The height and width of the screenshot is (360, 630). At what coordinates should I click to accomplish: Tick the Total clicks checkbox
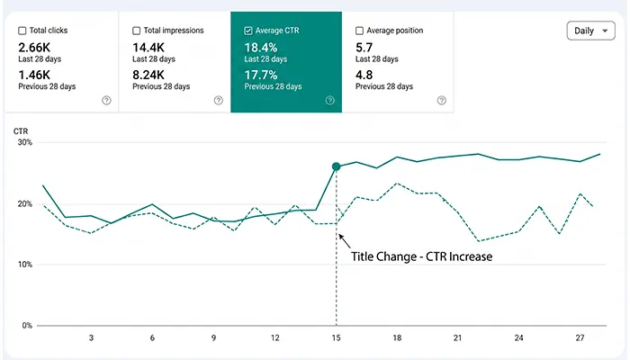click(x=22, y=31)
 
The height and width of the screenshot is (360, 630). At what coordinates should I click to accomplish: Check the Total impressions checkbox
click(x=137, y=31)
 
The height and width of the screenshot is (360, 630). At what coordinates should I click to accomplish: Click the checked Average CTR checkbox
click(x=248, y=31)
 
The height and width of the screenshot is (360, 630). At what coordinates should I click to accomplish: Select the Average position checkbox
click(x=360, y=31)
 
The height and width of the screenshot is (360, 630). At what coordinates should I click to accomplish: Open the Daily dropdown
click(x=590, y=31)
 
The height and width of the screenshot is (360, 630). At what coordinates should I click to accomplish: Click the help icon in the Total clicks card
click(x=106, y=101)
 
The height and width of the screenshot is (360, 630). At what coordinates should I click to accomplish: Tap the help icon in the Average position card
click(x=442, y=101)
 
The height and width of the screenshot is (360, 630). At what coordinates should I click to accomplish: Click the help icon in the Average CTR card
click(x=330, y=101)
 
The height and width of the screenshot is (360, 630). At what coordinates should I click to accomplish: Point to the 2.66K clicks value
click(x=34, y=48)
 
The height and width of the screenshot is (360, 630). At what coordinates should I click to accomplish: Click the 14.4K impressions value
click(x=148, y=48)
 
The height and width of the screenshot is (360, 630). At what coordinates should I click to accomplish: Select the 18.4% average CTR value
click(x=261, y=48)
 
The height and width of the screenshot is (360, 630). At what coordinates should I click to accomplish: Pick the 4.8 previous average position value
click(x=364, y=75)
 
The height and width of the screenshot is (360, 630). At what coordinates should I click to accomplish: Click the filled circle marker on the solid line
click(x=337, y=166)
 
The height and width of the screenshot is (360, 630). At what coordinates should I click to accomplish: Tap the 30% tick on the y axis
click(x=24, y=142)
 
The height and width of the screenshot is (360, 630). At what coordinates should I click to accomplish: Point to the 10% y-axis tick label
click(x=24, y=265)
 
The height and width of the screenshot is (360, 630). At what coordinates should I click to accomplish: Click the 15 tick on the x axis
click(x=336, y=337)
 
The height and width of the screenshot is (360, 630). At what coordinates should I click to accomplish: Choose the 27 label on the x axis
click(x=580, y=337)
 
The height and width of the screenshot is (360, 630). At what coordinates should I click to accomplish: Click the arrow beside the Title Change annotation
click(x=345, y=241)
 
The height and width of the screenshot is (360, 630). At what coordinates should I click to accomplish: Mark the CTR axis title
click(x=21, y=131)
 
